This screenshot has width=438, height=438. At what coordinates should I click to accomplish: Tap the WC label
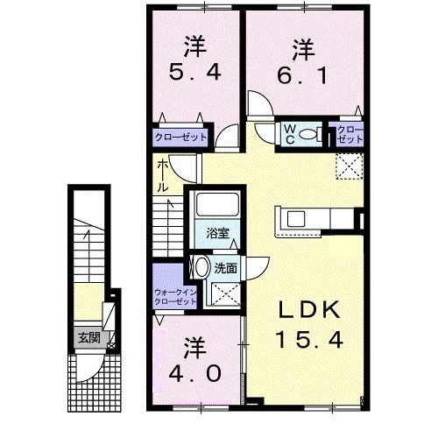286,133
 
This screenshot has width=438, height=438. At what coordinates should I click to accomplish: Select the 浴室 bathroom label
217,234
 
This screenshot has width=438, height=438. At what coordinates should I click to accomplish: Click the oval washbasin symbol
201,268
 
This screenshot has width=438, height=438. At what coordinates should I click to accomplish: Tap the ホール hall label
163,175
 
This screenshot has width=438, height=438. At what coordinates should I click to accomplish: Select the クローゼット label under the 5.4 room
181,138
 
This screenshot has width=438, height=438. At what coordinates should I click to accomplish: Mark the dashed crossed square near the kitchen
349,164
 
